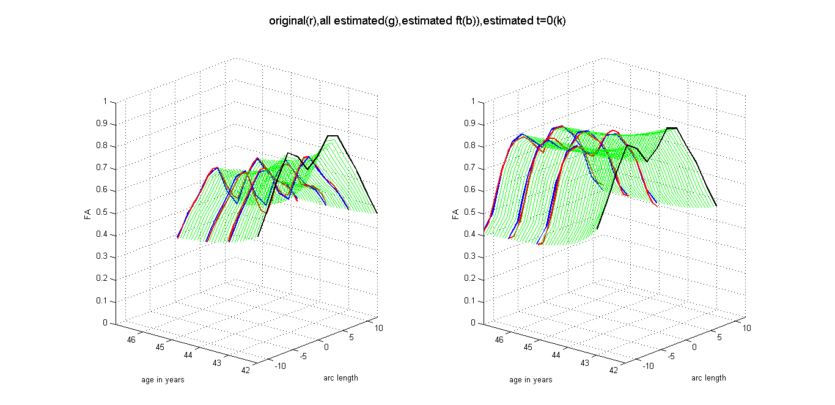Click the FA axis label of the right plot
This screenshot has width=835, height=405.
455,214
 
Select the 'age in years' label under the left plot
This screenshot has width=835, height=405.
163,380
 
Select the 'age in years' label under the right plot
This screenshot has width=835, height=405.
531,380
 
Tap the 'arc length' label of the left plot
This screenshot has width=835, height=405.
340,377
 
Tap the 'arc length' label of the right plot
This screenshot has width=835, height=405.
708,377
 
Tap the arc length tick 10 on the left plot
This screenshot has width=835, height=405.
379,328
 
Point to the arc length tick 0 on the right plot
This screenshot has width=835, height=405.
694,347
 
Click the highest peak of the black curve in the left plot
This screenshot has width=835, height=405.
333,136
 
